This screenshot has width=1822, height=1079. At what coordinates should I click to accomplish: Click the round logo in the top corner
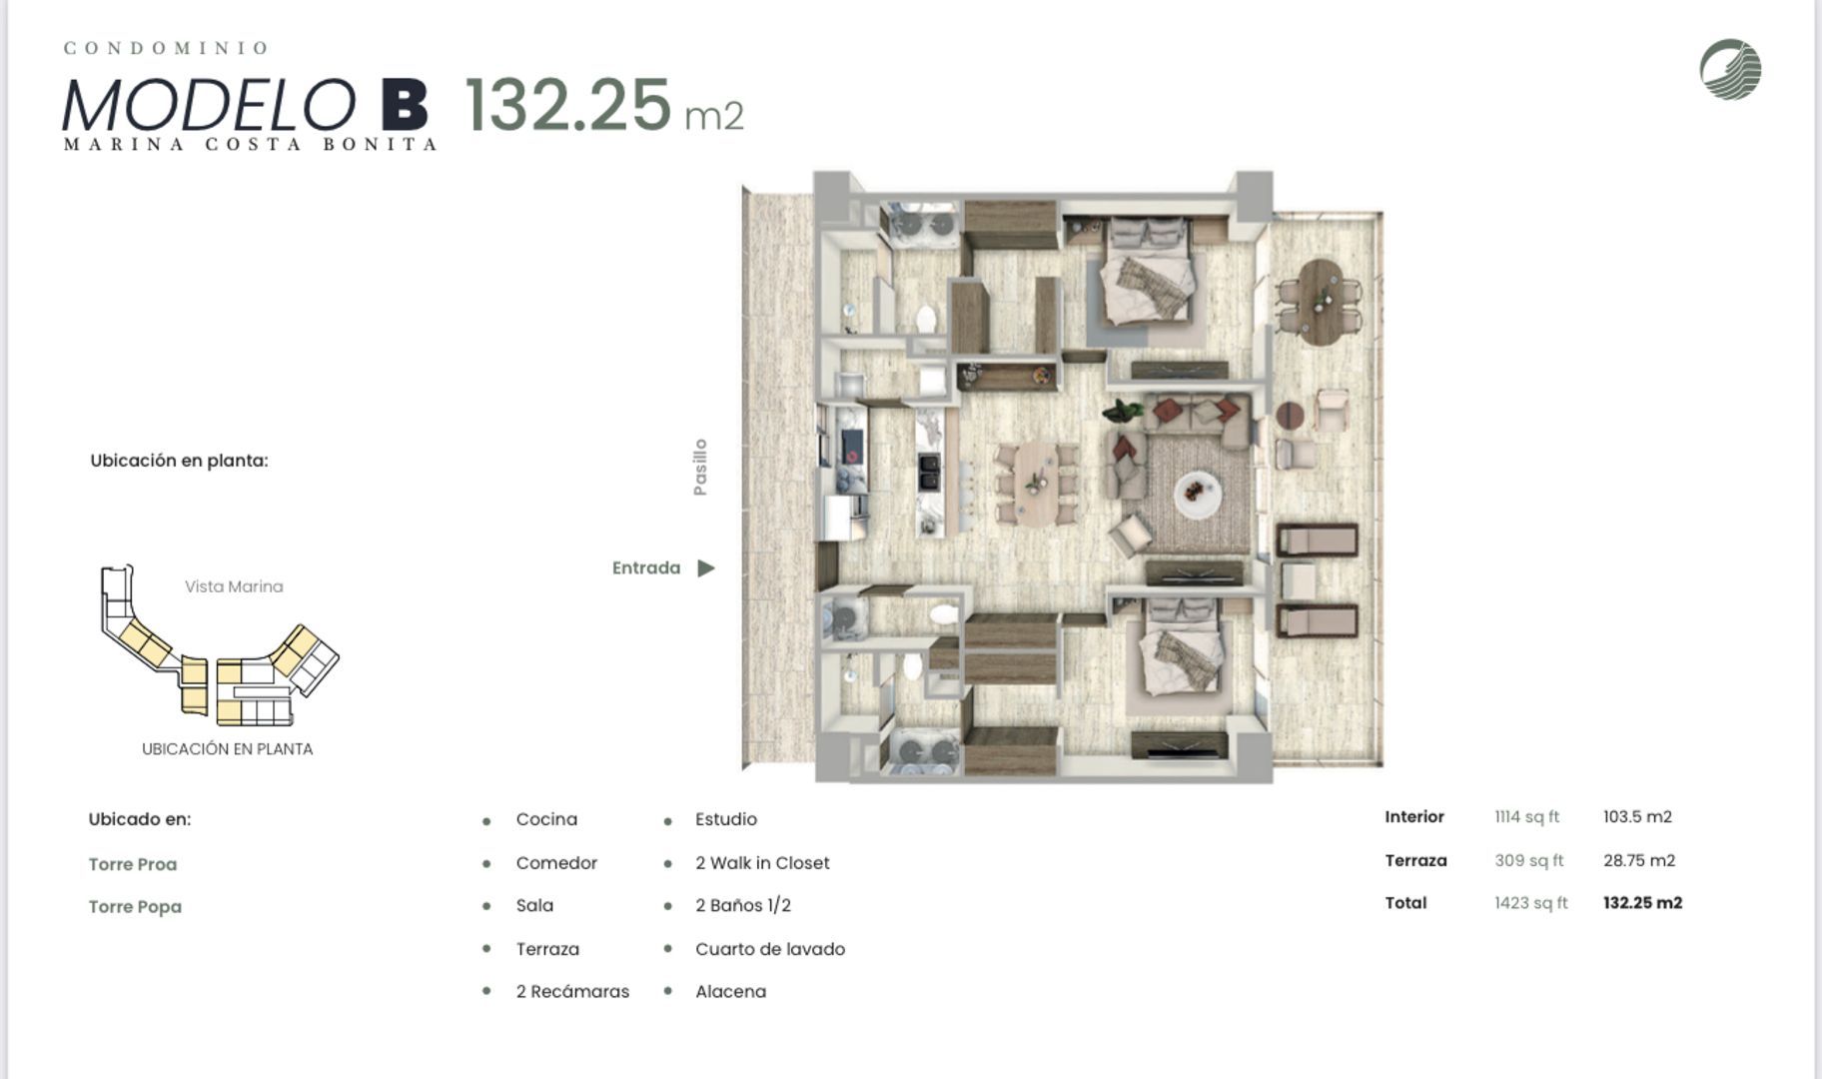(x=1730, y=69)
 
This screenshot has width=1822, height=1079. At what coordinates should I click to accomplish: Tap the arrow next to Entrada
(x=706, y=568)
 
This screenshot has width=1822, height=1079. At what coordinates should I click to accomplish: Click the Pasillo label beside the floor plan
(x=700, y=467)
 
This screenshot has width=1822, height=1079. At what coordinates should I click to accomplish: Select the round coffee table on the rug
(x=1197, y=494)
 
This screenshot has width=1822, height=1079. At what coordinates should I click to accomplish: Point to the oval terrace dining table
(x=1320, y=302)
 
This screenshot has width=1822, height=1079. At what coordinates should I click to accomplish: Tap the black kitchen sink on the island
(x=929, y=472)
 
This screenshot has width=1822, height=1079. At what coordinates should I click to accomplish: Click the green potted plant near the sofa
(x=1124, y=410)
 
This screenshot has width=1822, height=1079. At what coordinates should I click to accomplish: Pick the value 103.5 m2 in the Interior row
(x=1637, y=817)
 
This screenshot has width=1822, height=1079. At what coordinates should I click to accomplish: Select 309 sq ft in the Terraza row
(x=1528, y=860)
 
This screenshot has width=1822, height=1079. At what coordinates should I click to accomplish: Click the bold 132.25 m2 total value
(x=1642, y=903)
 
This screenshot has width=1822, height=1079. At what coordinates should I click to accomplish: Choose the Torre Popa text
(x=135, y=907)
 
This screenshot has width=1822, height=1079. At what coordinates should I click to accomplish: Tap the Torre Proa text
(x=133, y=864)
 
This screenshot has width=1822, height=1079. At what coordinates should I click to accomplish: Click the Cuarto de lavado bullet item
(x=770, y=949)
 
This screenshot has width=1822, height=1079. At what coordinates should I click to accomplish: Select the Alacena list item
(x=731, y=992)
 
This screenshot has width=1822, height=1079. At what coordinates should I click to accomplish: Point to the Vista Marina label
(x=234, y=586)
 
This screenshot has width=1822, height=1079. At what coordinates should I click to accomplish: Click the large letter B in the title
(x=405, y=105)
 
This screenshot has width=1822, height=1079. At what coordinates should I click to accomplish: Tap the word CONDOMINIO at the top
(x=166, y=48)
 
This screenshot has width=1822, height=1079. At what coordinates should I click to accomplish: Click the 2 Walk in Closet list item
(x=762, y=863)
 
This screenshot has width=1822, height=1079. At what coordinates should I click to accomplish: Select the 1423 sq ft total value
(x=1531, y=903)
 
